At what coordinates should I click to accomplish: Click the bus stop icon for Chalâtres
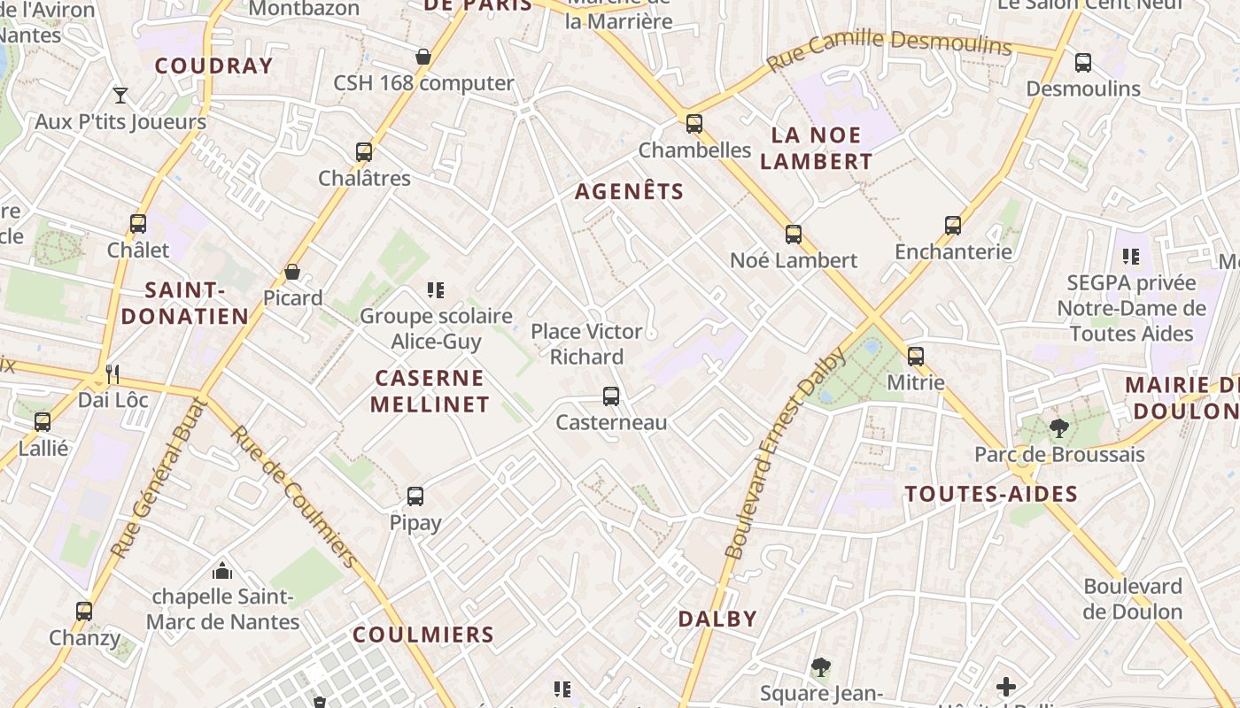point(364,152)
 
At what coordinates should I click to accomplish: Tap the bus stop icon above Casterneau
point(610,396)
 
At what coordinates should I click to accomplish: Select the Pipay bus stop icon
point(415,496)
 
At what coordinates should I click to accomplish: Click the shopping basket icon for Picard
point(292,272)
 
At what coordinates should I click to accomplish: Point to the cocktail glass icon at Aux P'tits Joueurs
point(120,96)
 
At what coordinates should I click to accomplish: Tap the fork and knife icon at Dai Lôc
point(112,373)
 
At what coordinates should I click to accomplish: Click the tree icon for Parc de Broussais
point(1058,429)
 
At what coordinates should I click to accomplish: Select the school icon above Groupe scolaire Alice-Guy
point(435,289)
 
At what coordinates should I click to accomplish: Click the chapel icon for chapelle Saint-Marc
point(222,571)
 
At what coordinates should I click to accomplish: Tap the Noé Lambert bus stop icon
point(794,235)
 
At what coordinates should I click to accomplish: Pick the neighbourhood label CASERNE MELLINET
point(430,391)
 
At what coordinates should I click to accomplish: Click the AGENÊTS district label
point(630,191)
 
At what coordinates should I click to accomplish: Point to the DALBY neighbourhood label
point(717,619)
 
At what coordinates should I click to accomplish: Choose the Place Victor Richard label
point(586,343)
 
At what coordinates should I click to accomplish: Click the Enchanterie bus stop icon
point(953,226)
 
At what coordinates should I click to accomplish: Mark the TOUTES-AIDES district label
point(991,494)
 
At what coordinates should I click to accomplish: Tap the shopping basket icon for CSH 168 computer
point(423,57)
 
